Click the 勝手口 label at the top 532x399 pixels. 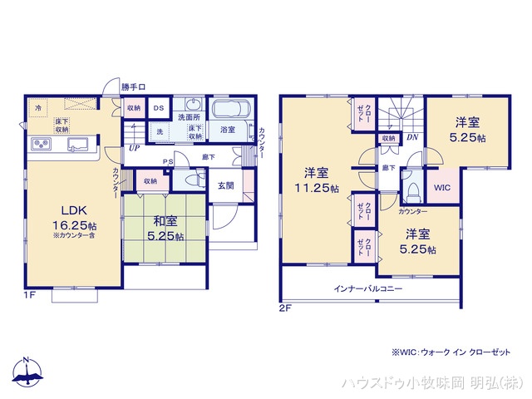pos(133,86)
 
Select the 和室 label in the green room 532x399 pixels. pos(164,222)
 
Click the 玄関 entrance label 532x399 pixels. pos(226,186)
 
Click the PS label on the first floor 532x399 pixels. pos(168,162)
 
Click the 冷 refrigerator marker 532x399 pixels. pos(38,108)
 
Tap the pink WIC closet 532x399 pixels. pos(441,188)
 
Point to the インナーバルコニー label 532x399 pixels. pos(368,288)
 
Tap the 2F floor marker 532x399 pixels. pos(286,307)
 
